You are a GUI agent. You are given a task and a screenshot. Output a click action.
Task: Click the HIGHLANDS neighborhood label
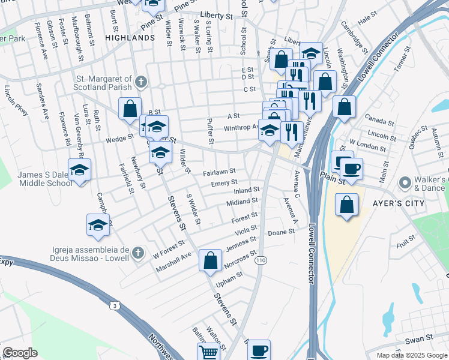[x=130, y=37]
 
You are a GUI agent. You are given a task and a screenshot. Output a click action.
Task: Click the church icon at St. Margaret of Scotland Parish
[x=140, y=82]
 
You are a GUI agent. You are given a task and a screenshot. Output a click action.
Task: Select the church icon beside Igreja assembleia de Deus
[x=139, y=251]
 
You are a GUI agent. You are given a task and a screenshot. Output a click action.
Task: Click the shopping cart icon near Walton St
[x=208, y=353]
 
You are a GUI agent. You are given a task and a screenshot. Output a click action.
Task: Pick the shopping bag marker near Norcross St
[x=210, y=260]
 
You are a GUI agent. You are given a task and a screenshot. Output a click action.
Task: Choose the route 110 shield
[x=261, y=260]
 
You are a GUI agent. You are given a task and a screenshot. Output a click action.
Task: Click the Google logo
[x=20, y=353]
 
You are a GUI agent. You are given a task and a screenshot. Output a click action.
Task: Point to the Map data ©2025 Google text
[x=412, y=355]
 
